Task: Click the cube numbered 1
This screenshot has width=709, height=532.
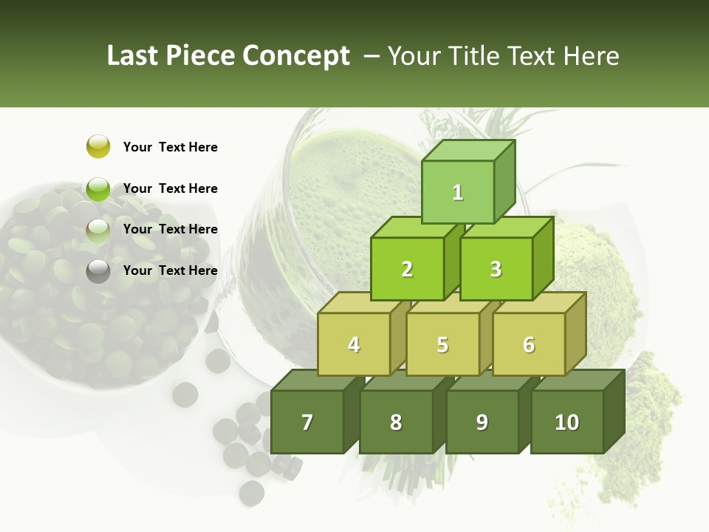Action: tap(458, 192)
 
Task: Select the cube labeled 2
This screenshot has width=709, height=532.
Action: tap(407, 269)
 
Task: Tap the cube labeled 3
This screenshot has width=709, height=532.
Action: tap(496, 269)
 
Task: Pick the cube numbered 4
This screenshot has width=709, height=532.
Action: tap(354, 344)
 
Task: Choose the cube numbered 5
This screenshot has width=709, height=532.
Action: tap(442, 344)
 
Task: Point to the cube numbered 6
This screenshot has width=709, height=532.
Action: tap(529, 344)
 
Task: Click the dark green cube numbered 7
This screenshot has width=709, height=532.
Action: tap(307, 422)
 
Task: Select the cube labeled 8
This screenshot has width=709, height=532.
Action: tap(396, 422)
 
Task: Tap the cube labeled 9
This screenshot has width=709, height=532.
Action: tap(482, 422)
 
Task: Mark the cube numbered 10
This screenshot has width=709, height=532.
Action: tap(567, 422)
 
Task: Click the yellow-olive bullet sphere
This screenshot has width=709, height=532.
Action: tap(98, 146)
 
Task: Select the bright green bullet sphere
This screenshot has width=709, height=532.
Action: tap(98, 188)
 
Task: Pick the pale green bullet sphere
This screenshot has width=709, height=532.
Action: tap(98, 230)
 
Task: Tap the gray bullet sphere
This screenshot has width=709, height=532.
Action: tap(98, 271)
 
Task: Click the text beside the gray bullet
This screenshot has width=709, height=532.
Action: tap(170, 270)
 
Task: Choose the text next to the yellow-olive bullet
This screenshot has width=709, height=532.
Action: tap(170, 147)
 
